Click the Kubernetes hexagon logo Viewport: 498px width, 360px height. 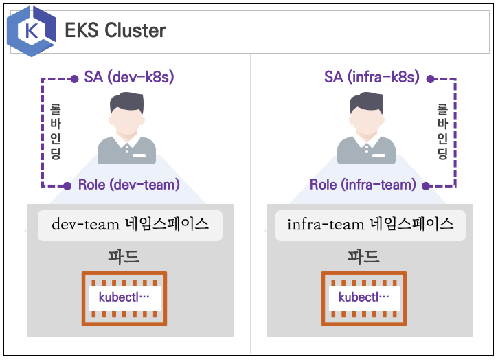(x=32, y=31)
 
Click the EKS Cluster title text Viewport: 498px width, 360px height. (x=115, y=31)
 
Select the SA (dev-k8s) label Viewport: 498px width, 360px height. (x=129, y=77)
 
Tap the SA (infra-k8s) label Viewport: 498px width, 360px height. (x=372, y=77)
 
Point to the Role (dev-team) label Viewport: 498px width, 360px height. (x=128, y=184)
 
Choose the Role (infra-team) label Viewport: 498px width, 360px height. (x=363, y=184)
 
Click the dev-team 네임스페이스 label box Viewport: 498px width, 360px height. (x=131, y=225)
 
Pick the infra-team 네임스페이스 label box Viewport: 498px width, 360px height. (x=370, y=225)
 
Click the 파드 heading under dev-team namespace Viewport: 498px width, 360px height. (x=124, y=258)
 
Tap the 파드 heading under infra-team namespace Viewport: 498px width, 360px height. (x=363, y=258)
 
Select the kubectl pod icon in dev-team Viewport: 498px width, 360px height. (x=124, y=298)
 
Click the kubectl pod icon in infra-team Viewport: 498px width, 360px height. (x=364, y=298)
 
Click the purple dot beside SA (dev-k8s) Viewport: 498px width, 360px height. (x=76, y=78)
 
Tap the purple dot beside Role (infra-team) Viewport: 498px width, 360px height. (x=427, y=185)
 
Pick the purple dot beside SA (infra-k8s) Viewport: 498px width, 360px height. (x=431, y=78)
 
